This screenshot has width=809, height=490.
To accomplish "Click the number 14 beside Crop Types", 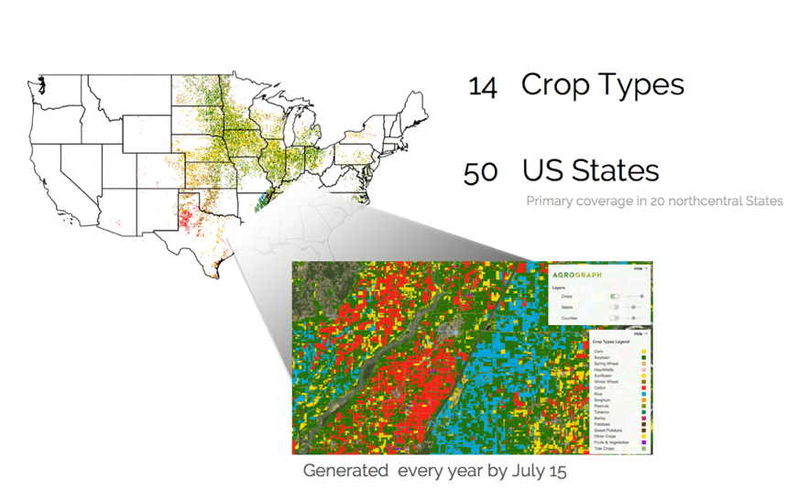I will pos(482,87).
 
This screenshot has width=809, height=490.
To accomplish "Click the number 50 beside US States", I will pos(481,172).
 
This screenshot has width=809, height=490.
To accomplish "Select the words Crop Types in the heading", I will pos(602,84).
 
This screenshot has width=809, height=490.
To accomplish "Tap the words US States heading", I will pos(590,170).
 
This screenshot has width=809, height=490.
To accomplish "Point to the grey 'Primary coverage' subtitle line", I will pos(654,200).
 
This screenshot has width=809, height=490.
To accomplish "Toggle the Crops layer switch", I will pos(615,297).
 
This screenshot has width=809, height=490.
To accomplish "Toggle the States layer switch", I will pos(615,308).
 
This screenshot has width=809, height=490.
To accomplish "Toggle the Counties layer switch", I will pos(615,319).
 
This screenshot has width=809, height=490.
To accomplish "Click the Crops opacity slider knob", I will pos(640,297).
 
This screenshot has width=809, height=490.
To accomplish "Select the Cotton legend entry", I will pos(600,387).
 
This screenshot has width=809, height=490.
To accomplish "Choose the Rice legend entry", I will pos(598,394).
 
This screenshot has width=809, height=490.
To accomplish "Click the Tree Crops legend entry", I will pos(604,449).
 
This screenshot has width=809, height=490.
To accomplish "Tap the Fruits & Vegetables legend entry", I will pos(610,442).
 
